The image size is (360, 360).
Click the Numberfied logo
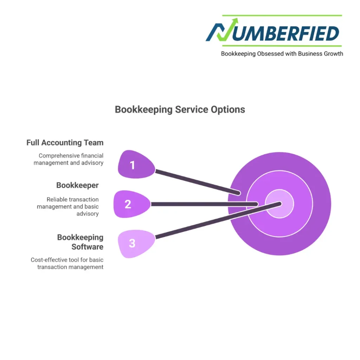coord(273,33)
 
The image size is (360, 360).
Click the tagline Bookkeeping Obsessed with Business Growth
coord(282,54)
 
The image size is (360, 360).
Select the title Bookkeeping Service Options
coord(180,109)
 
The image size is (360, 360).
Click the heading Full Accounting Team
coord(65,143)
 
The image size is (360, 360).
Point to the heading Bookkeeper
coord(77,185)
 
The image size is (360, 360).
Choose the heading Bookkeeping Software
coord(80,242)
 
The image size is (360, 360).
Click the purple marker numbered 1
coord(134,164)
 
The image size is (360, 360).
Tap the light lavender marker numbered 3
coord(134,243)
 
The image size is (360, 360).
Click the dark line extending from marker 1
coord(197,182)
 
